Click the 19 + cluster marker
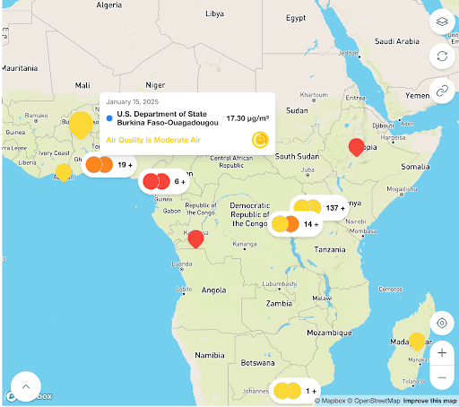110,165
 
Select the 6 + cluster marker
166,181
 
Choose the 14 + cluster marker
297,224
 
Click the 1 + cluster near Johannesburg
297,391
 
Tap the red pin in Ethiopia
356,148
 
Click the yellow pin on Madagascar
416,342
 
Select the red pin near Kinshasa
195,238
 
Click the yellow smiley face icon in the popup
260,140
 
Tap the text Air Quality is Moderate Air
153,140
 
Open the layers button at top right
442,21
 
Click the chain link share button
442,90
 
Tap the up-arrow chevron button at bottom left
26,386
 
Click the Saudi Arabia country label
396,41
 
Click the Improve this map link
429,401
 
